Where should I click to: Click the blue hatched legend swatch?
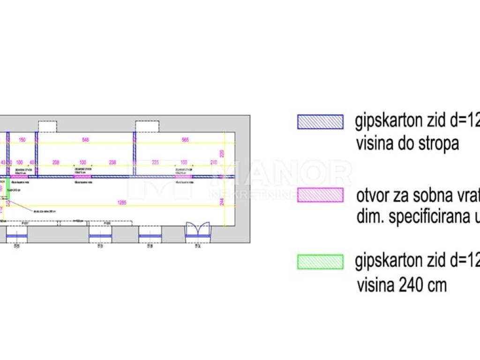click(x=320, y=122)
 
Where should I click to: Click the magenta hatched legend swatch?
click(x=320, y=195)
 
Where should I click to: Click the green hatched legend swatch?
click(x=320, y=262)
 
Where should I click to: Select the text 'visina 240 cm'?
click(x=402, y=285)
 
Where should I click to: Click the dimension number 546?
click(x=85, y=140)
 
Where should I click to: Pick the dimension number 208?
click(x=56, y=162)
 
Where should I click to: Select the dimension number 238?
click(x=112, y=162)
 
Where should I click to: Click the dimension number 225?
click(x=156, y=162)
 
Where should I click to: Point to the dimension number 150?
click(x=22, y=140)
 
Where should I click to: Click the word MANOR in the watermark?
click(x=281, y=175)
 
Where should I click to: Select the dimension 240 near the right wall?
click(x=214, y=162)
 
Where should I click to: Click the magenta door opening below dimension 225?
click(x=184, y=177)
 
